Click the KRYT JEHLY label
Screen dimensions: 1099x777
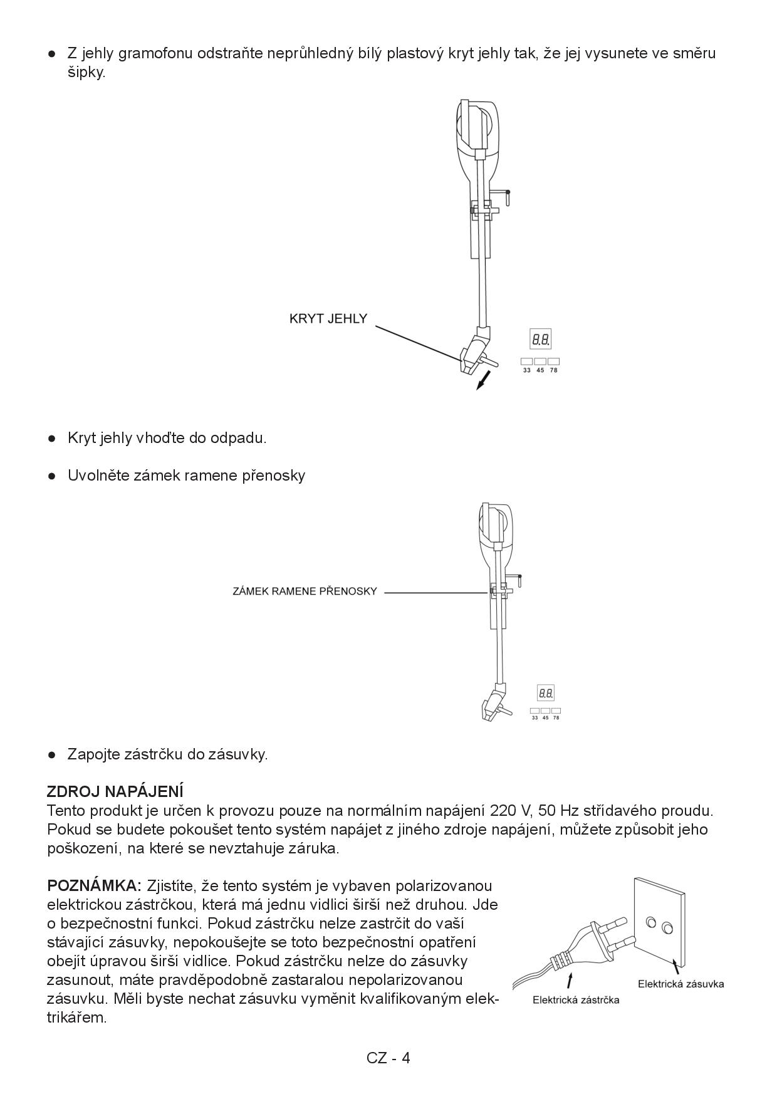tap(328, 318)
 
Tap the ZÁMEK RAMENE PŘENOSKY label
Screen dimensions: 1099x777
tap(305, 591)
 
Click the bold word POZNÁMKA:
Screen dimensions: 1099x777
tap(95, 886)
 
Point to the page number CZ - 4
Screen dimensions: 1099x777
tap(388, 1058)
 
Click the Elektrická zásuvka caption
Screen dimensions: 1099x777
tap(681, 983)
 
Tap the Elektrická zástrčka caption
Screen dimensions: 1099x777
tap(575, 1000)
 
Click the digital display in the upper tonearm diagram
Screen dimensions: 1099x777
tap(541, 340)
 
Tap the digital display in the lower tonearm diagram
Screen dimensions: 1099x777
tap(546, 693)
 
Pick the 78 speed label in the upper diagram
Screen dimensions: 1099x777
tap(553, 370)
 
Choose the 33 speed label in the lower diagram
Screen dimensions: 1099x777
tap(535, 717)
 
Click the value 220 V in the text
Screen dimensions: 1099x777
tap(511, 810)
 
